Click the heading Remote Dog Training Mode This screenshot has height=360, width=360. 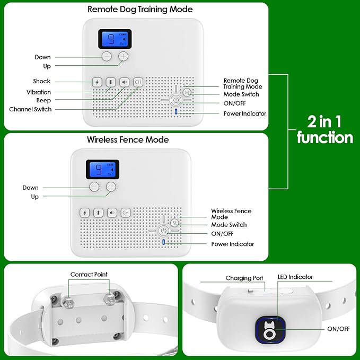[139, 10]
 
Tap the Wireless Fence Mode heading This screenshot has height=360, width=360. [128, 140]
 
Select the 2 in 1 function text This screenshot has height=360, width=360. [324, 130]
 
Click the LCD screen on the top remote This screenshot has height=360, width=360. [115, 39]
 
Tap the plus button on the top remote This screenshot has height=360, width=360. [124, 56]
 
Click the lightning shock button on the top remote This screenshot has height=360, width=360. [96, 82]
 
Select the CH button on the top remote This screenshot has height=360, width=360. [138, 82]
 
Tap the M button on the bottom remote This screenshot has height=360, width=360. [174, 223]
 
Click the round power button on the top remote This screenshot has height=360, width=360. [176, 99]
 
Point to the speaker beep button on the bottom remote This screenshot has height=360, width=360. [111, 213]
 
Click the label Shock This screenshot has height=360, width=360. [41, 81]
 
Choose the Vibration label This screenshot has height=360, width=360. [39, 92]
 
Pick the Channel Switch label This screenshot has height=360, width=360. [30, 109]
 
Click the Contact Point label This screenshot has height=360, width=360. [89, 275]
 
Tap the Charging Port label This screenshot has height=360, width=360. [244, 278]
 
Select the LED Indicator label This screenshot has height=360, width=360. [295, 277]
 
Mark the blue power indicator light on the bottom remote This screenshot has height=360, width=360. [163, 243]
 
